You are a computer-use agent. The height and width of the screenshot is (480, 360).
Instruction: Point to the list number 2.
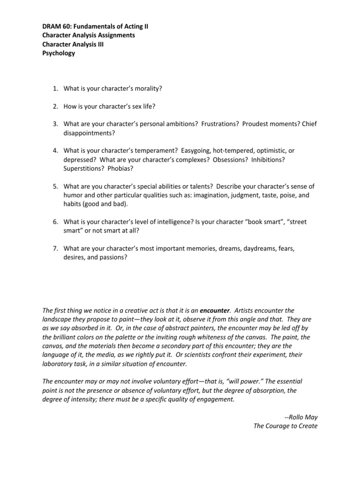54,106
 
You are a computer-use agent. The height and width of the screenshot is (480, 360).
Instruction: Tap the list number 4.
54,150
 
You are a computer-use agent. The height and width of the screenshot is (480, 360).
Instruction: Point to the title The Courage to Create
285,426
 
